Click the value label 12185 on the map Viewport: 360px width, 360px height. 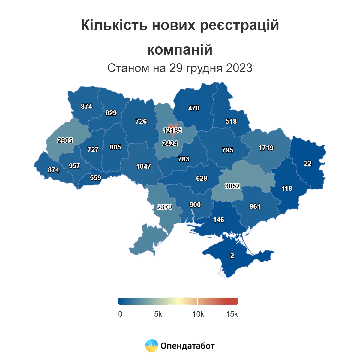[172, 130]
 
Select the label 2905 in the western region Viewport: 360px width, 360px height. [65, 140]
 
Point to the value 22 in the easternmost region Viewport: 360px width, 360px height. [308, 163]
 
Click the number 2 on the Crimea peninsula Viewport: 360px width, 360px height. [232, 256]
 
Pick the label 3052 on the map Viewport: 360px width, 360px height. [232, 186]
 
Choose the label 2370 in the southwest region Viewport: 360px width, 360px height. [164, 207]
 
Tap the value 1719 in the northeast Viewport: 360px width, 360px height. [266, 148]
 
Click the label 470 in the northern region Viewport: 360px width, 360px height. [194, 108]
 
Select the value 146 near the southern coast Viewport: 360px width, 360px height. [218, 220]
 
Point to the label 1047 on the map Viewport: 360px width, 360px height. [144, 166]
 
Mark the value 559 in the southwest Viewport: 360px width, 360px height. [95, 178]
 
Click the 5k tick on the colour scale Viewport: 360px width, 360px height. [158, 314]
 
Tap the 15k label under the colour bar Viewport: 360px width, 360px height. [232, 314]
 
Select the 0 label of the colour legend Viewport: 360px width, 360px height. [120, 314]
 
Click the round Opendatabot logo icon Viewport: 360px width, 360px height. [152, 346]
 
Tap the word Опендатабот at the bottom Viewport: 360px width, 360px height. [187, 346]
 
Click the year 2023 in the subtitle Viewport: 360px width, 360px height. [239, 68]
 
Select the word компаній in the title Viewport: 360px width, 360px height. [180, 50]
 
